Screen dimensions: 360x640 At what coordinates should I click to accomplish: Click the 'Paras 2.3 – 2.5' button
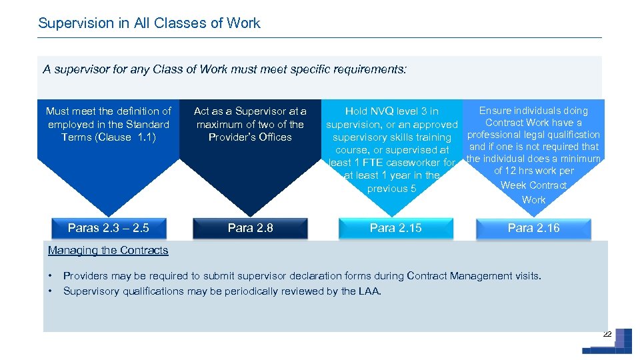coord(109,228)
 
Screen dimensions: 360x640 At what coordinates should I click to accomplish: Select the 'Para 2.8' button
coord(250,228)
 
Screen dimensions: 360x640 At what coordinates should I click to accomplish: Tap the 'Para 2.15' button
coord(395,228)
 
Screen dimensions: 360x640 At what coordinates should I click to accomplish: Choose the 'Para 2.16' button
coord(533,228)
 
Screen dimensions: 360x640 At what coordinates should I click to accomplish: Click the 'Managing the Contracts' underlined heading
coord(108,251)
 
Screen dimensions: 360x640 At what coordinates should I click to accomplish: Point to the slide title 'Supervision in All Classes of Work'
coord(149,23)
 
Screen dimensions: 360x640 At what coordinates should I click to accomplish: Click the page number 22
coord(607,333)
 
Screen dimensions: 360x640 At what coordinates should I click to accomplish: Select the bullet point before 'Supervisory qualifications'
coord(50,291)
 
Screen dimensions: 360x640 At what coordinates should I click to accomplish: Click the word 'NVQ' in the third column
coord(383,111)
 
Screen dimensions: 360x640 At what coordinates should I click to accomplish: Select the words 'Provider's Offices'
coord(250,137)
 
